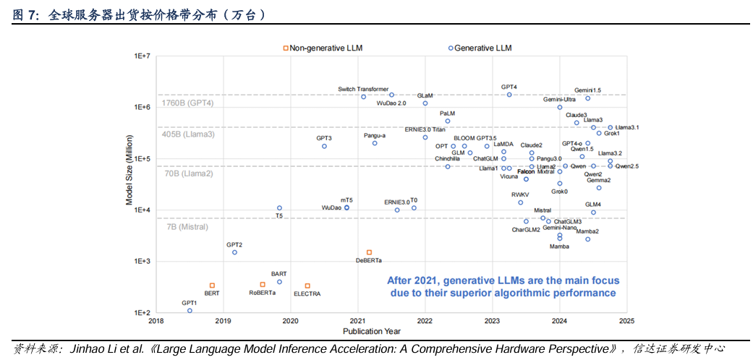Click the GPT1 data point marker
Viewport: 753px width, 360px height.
190,311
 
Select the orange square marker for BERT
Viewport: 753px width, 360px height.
212,286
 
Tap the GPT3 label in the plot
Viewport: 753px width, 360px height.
324,137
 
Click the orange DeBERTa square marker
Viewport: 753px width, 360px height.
369,252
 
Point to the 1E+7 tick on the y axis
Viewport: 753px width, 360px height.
140,56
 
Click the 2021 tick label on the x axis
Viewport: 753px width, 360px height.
357,322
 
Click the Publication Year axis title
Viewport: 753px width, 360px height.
372,332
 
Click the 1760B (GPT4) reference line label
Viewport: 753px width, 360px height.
188,103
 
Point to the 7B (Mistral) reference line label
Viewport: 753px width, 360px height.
187,227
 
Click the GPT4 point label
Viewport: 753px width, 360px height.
509,87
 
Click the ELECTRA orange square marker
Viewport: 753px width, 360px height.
307,286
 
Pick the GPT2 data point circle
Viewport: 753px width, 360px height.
234,252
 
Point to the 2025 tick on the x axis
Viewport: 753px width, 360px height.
626,322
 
